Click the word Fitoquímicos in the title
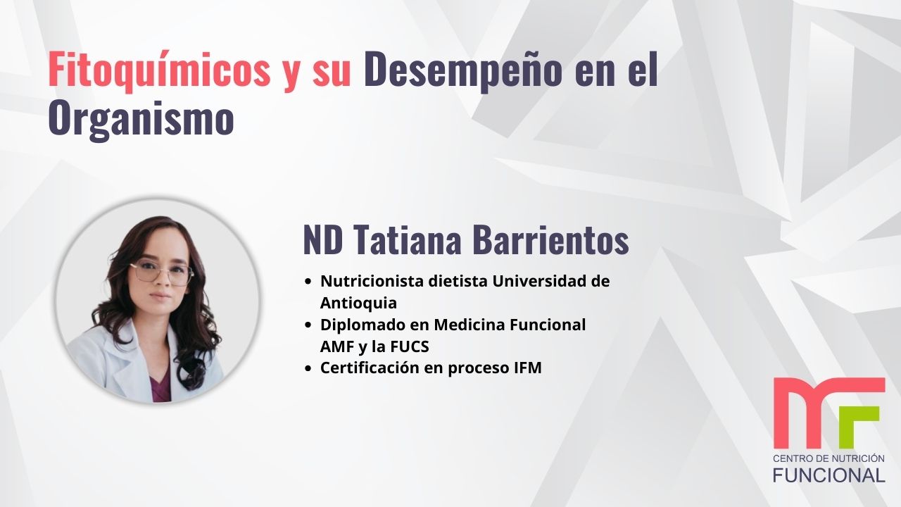(x=159, y=71)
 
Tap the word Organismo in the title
(x=141, y=119)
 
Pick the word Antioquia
(x=358, y=303)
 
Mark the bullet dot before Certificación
(x=308, y=368)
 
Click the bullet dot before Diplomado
(x=308, y=325)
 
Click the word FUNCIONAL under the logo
(x=828, y=475)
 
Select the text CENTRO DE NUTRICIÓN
(x=828, y=458)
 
